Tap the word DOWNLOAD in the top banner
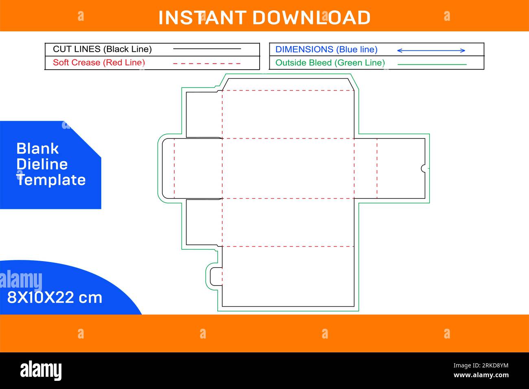pos(311,18)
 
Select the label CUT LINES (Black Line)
pos(102,49)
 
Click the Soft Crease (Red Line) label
pos(99,63)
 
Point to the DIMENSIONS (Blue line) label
pos(326,49)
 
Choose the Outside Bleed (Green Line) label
pos(330,63)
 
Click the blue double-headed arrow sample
pos(431,51)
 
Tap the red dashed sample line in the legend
pos(207,64)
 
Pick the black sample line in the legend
pos(207,49)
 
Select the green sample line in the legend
pos(432,64)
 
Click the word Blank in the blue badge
pos(37,149)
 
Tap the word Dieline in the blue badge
pos(42,164)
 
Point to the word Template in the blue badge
pos(51,180)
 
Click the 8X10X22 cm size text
pos(55,297)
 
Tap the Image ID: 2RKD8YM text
pos(481,365)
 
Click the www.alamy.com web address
pos(481,375)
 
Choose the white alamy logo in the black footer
pos(41,370)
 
